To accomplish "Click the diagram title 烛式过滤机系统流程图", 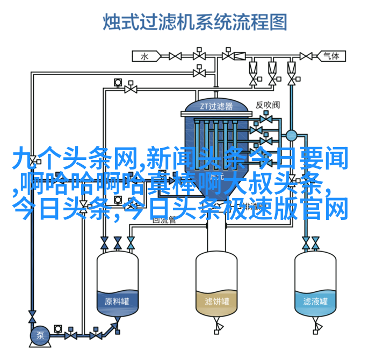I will click(x=194, y=22).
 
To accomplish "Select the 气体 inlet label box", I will click(x=329, y=55).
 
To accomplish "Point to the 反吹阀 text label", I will click(x=267, y=105).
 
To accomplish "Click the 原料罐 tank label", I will click(x=117, y=301).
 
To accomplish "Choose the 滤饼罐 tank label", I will click(x=216, y=302).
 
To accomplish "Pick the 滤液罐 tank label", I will click(x=315, y=302).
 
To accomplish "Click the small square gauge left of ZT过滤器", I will click(x=118, y=82).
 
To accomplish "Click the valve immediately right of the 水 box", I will click(x=175, y=56).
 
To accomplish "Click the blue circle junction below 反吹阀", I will click(x=292, y=135).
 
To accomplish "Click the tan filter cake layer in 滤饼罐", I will click(x=216, y=306).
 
